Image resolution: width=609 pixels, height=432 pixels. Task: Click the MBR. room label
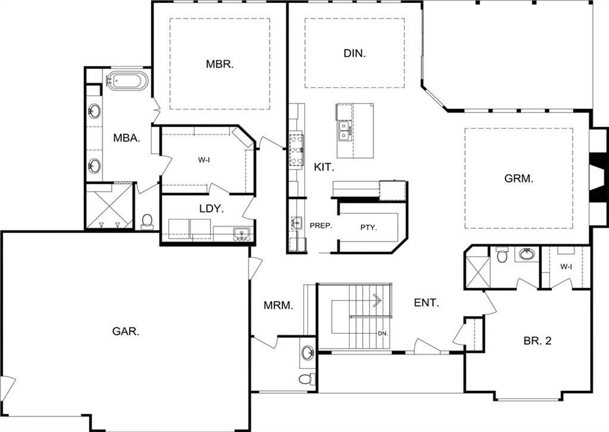[219, 64]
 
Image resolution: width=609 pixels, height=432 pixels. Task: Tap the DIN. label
[354, 53]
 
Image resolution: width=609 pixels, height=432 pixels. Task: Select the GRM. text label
[519, 177]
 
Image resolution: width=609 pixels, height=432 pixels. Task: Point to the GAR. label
[125, 331]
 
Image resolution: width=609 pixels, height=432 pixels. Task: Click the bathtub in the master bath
[125, 81]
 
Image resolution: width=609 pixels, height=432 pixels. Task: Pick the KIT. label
[324, 168]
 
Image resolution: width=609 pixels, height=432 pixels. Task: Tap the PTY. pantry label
[369, 227]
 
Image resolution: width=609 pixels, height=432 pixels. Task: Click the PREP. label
[320, 226]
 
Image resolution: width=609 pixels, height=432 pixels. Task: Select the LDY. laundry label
[211, 209]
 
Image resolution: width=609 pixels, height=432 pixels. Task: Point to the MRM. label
[278, 306]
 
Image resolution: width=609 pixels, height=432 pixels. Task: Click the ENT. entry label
[426, 303]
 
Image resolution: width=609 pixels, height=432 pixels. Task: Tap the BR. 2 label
[538, 341]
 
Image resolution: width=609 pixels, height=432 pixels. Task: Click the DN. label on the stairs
[382, 333]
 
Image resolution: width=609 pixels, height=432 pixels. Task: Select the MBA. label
[127, 138]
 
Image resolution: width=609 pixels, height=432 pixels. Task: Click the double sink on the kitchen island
[344, 130]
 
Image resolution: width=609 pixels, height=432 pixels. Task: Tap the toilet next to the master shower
[147, 221]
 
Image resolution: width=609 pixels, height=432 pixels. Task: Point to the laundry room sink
[241, 233]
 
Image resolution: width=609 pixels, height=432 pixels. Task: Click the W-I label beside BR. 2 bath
[566, 267]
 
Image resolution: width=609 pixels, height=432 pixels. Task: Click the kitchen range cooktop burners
[296, 149]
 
